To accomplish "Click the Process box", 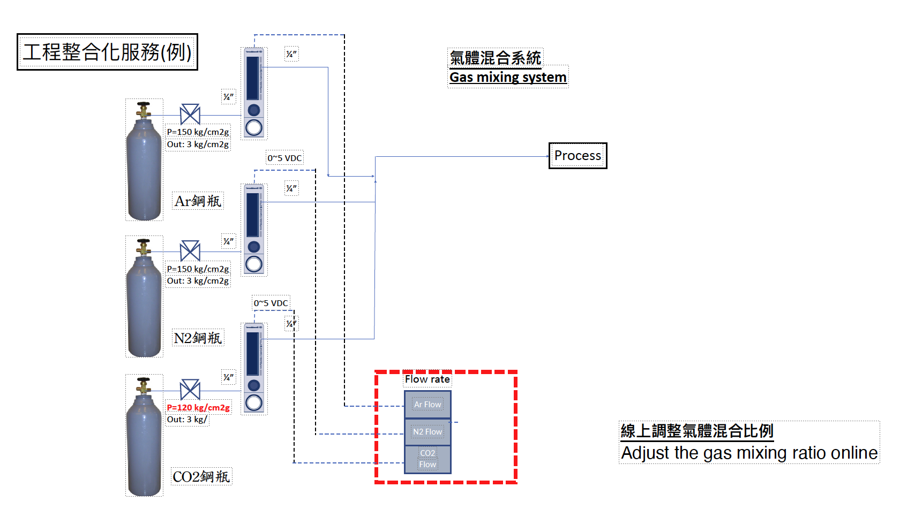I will (x=577, y=156).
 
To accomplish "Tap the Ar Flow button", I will (x=427, y=405).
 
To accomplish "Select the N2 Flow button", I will (x=427, y=432).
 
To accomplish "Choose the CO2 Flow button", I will (x=427, y=459).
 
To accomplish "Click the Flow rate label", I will (x=427, y=379).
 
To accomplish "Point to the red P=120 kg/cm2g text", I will (x=198, y=407).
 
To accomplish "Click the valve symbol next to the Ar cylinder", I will (x=190, y=115).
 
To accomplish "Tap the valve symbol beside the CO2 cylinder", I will (x=190, y=390).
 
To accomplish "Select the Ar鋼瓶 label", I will (x=198, y=201).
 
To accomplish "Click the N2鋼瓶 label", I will (x=198, y=338).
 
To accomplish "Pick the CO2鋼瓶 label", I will (x=201, y=477).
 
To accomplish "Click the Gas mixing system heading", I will (x=507, y=78).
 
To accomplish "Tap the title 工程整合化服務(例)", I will (x=107, y=52).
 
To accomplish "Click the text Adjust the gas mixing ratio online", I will (x=749, y=453).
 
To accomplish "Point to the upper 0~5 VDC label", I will (x=284, y=158).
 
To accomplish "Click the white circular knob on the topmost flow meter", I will (x=254, y=128).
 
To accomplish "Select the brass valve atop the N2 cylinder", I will (x=143, y=247).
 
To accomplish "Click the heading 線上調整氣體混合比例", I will (x=696, y=431).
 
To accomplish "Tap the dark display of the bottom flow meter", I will (x=253, y=353).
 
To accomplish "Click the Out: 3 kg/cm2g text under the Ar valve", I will (x=198, y=144).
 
